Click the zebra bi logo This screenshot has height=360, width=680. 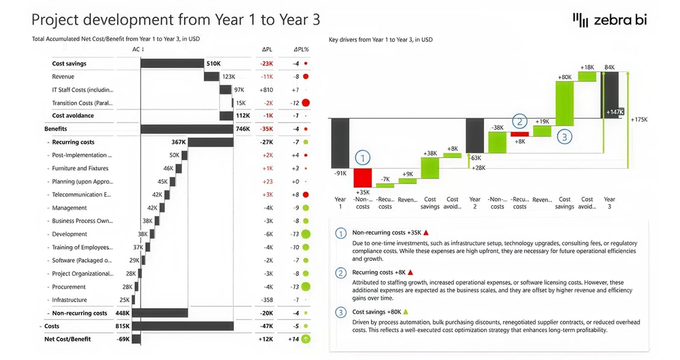[x=609, y=19]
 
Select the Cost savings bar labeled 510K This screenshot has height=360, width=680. [x=172, y=63]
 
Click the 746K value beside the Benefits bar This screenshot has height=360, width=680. [x=242, y=129]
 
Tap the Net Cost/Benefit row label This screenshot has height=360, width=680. [x=68, y=339]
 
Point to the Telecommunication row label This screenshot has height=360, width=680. [x=81, y=195]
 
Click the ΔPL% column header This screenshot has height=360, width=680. [x=301, y=49]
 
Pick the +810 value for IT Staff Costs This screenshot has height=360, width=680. [x=266, y=90]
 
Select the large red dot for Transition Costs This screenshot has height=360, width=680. [x=306, y=103]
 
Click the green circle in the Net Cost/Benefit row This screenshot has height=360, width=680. [x=306, y=339]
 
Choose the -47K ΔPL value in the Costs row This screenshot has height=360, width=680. [x=266, y=326]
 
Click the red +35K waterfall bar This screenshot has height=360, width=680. [x=362, y=178]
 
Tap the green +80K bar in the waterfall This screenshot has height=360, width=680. [x=565, y=103]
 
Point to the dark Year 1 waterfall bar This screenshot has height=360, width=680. [x=340, y=143]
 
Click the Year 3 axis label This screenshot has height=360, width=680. [x=609, y=203]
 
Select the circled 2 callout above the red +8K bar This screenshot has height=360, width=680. [x=520, y=122]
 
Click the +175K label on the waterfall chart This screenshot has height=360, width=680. [x=639, y=119]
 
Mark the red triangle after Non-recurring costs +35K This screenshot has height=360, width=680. [x=426, y=232]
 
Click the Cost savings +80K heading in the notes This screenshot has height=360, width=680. [x=376, y=312]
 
